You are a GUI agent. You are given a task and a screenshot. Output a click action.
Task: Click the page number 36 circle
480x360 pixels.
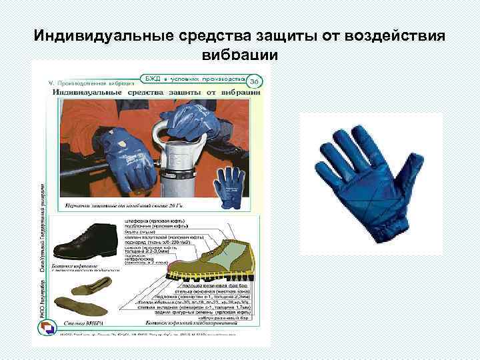click(x=253, y=81)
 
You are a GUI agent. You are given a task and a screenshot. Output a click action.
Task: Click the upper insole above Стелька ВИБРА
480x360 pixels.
click(x=88, y=287)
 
